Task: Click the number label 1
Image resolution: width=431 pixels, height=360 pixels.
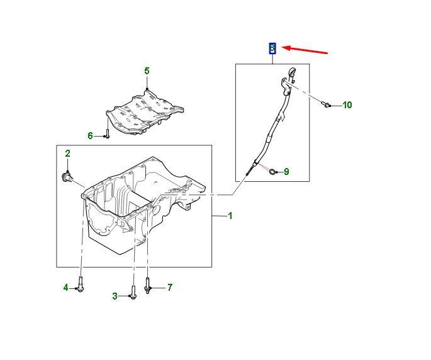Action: pyautogui.click(x=230, y=216)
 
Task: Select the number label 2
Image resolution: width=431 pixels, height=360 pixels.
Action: pyautogui.click(x=67, y=153)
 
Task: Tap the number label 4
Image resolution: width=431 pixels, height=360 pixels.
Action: pyautogui.click(x=65, y=288)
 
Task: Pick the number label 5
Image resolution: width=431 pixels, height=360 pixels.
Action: pyautogui.click(x=147, y=71)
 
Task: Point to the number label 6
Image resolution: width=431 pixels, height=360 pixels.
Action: pyautogui.click(x=90, y=135)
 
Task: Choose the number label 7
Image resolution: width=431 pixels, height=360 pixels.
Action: pyautogui.click(x=169, y=288)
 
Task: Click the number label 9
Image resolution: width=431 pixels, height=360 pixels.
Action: pyautogui.click(x=286, y=171)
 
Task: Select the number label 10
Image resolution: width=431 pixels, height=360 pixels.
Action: pyautogui.click(x=347, y=104)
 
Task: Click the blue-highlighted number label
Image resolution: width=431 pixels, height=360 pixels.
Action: pyautogui.click(x=272, y=48)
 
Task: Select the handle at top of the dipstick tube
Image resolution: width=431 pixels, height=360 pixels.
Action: pyautogui.click(x=290, y=74)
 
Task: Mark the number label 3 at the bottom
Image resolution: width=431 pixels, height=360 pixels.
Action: pyautogui.click(x=115, y=296)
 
